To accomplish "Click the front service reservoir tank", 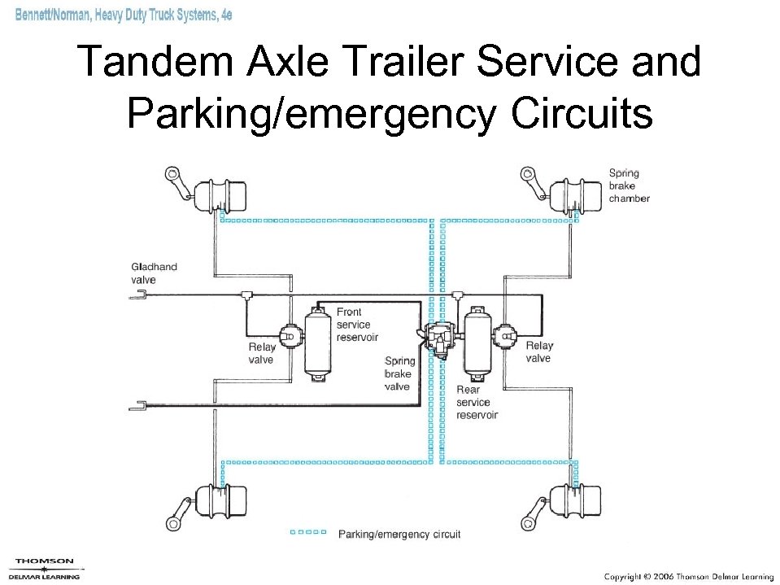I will pos(316,343).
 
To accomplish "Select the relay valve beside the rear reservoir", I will pos(506,334).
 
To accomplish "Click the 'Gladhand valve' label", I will pos(154,273).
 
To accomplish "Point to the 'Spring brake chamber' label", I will pos(629,186).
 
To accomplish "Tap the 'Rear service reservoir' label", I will pos(477,402).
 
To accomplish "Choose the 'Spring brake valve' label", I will pos(399,373).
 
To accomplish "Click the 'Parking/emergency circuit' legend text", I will pos(399,535).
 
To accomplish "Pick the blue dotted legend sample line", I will pos(308,533).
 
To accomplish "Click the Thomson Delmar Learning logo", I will pos(45,569).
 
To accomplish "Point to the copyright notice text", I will pos(688,576).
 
